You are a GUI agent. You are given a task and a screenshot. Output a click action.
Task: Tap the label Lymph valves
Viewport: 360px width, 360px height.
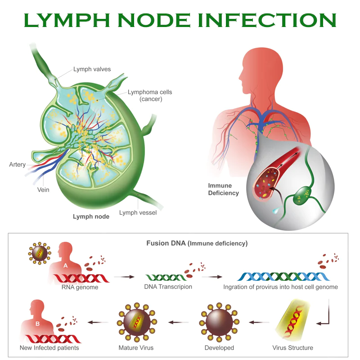click(92, 69)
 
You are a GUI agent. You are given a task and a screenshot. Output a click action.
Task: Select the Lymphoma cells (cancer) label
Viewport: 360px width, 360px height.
click(150, 95)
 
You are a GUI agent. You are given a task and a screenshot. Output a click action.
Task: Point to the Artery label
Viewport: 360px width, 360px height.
click(18, 165)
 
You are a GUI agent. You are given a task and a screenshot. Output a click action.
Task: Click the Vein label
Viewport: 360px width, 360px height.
click(43, 189)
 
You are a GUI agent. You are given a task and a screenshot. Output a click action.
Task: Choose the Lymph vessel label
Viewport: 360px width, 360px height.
click(138, 212)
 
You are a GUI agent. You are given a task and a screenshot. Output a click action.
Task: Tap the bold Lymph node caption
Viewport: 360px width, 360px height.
click(91, 216)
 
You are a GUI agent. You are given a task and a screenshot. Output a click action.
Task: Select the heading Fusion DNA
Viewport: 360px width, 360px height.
click(164, 243)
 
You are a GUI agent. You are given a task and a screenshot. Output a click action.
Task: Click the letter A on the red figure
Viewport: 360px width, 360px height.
click(66, 265)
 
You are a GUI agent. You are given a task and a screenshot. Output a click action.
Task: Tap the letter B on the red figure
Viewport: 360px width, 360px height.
click(37, 324)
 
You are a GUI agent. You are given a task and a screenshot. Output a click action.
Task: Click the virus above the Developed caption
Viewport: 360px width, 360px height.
click(219, 322)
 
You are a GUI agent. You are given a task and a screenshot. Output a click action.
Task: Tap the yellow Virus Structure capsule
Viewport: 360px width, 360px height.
click(292, 323)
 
